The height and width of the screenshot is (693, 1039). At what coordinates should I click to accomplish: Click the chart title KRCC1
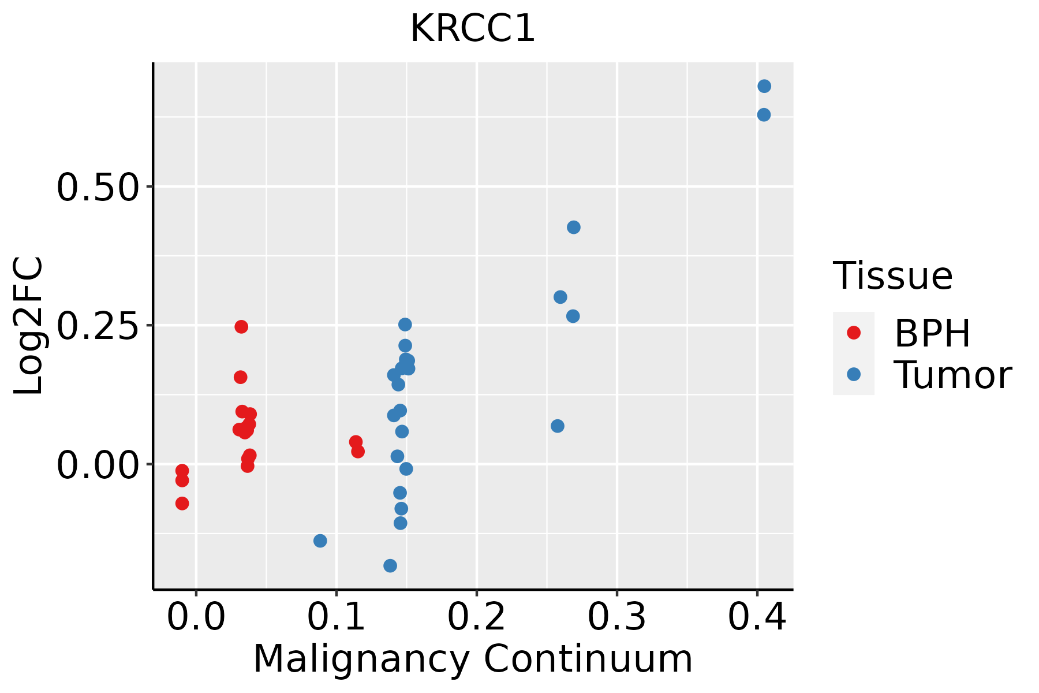[473, 29]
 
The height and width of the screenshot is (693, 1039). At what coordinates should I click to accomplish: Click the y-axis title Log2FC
[29, 326]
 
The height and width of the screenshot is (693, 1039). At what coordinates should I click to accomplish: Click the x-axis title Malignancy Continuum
[473, 660]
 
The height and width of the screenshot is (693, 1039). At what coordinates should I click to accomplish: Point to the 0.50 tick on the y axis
[98, 187]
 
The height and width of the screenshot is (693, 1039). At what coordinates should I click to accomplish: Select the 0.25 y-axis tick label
[98, 326]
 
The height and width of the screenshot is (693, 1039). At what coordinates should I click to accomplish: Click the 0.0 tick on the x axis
[196, 617]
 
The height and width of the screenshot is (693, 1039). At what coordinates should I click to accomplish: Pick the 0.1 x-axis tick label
[337, 617]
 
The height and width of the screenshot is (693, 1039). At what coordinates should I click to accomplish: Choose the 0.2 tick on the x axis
[477, 617]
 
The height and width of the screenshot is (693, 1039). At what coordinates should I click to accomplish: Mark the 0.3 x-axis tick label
[617, 617]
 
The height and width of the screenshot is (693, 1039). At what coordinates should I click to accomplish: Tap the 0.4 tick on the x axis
[757, 617]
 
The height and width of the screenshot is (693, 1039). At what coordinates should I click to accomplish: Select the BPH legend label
[932, 333]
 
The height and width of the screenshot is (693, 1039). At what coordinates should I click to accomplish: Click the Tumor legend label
[953, 375]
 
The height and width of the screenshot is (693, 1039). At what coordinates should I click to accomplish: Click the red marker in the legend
[853, 333]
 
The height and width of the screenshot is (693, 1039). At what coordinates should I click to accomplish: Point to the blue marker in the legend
[853, 374]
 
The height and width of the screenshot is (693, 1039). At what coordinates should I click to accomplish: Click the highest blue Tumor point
[764, 87]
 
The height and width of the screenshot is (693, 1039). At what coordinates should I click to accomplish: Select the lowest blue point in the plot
[390, 565]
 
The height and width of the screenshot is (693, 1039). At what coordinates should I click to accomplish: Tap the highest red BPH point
[241, 327]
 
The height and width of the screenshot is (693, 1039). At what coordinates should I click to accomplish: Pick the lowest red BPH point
[182, 504]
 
